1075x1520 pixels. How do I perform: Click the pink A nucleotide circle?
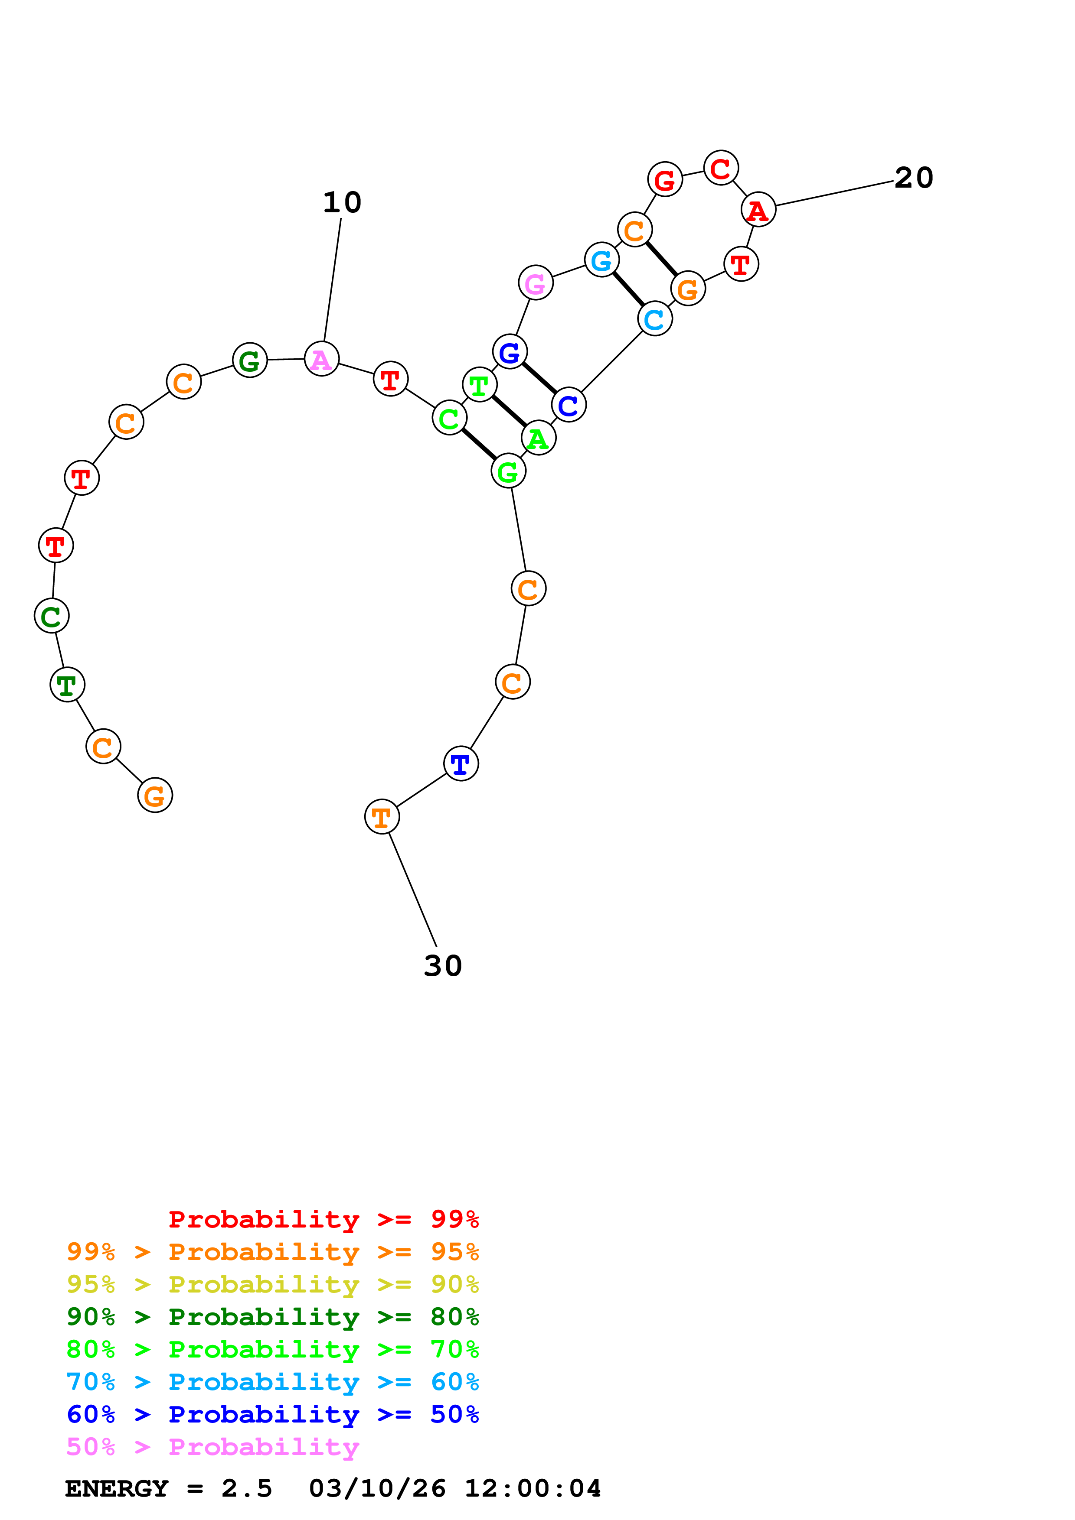pos(321,360)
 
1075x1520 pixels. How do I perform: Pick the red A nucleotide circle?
pos(758,210)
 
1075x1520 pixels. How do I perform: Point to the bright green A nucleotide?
pos(538,438)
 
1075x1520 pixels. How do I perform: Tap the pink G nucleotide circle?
pos(535,283)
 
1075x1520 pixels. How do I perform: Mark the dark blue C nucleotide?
pos(569,405)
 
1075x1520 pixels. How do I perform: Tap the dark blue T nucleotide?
pos(461,764)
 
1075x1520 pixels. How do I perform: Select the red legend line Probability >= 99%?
pos(323,1219)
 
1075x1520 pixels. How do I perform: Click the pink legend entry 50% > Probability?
pos(212,1447)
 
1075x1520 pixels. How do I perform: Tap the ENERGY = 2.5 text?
pos(168,1489)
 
